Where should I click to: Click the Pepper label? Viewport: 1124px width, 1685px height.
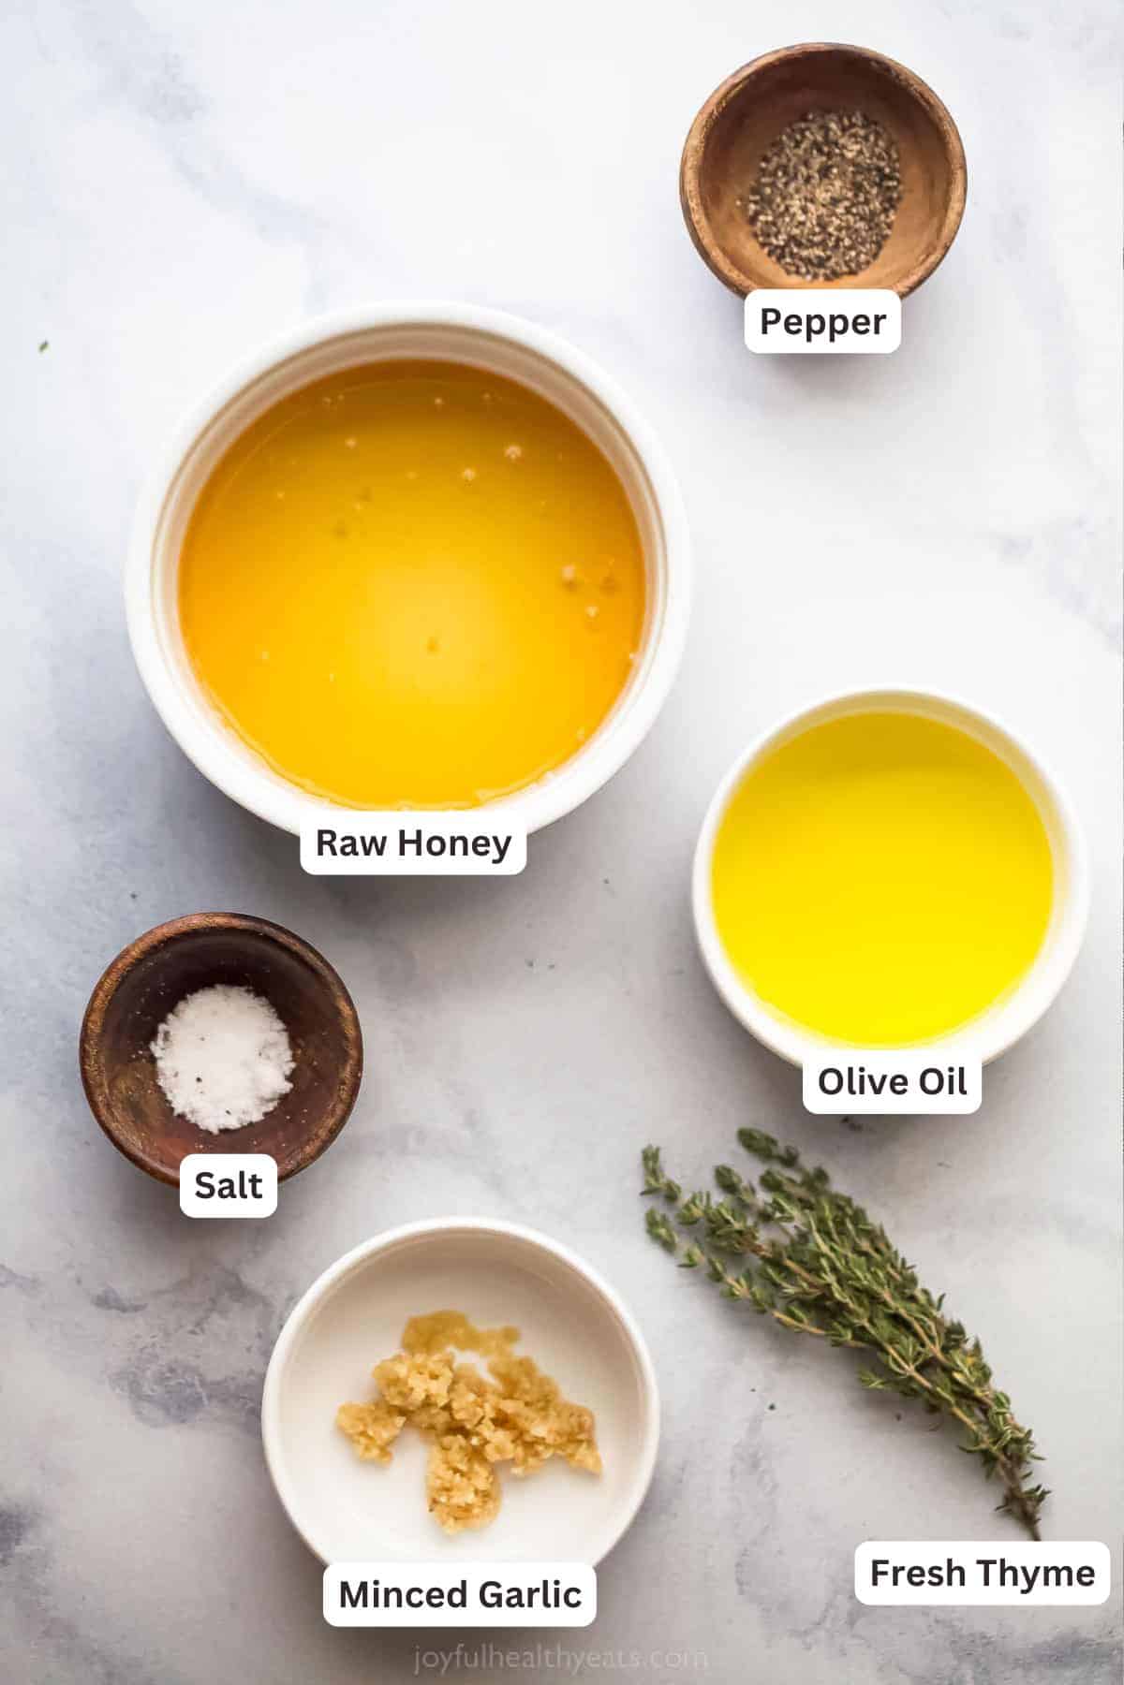coord(822,322)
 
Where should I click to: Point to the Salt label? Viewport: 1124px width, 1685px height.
coord(229,1185)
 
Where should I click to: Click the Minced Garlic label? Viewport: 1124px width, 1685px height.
coord(460,1594)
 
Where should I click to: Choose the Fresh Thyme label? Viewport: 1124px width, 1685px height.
coord(982,1573)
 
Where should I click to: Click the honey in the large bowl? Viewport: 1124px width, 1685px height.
coord(412,580)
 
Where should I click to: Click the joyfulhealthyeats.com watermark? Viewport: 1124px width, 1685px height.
coord(561,1660)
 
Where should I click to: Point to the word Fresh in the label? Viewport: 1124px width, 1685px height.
coord(919,1573)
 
